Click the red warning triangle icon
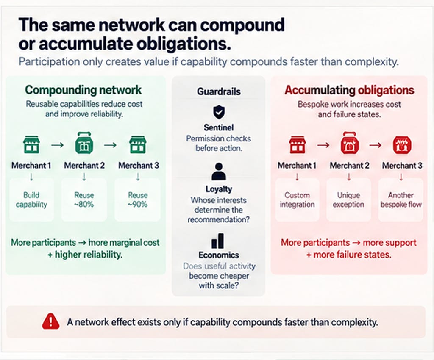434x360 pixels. (x=51, y=321)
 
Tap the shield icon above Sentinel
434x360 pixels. (x=219, y=112)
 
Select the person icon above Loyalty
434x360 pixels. (x=219, y=172)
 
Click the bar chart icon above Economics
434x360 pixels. (x=218, y=241)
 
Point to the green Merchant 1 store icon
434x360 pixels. (x=31, y=144)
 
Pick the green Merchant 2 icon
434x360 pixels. (x=84, y=143)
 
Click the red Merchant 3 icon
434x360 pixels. (x=402, y=144)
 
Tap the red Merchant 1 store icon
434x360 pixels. (x=297, y=144)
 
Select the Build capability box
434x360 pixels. (x=31, y=199)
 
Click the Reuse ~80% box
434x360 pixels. (x=84, y=199)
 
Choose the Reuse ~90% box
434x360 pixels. (x=138, y=199)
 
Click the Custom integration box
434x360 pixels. (x=297, y=199)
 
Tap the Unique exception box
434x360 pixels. (x=348, y=199)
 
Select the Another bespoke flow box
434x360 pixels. (x=401, y=199)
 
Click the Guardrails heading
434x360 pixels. (x=219, y=91)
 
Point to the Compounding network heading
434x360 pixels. (x=83, y=90)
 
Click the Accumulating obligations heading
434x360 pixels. (x=349, y=90)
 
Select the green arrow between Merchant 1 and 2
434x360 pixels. (x=57, y=144)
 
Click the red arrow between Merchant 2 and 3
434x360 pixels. (x=376, y=144)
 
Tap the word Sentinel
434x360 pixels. (x=219, y=127)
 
